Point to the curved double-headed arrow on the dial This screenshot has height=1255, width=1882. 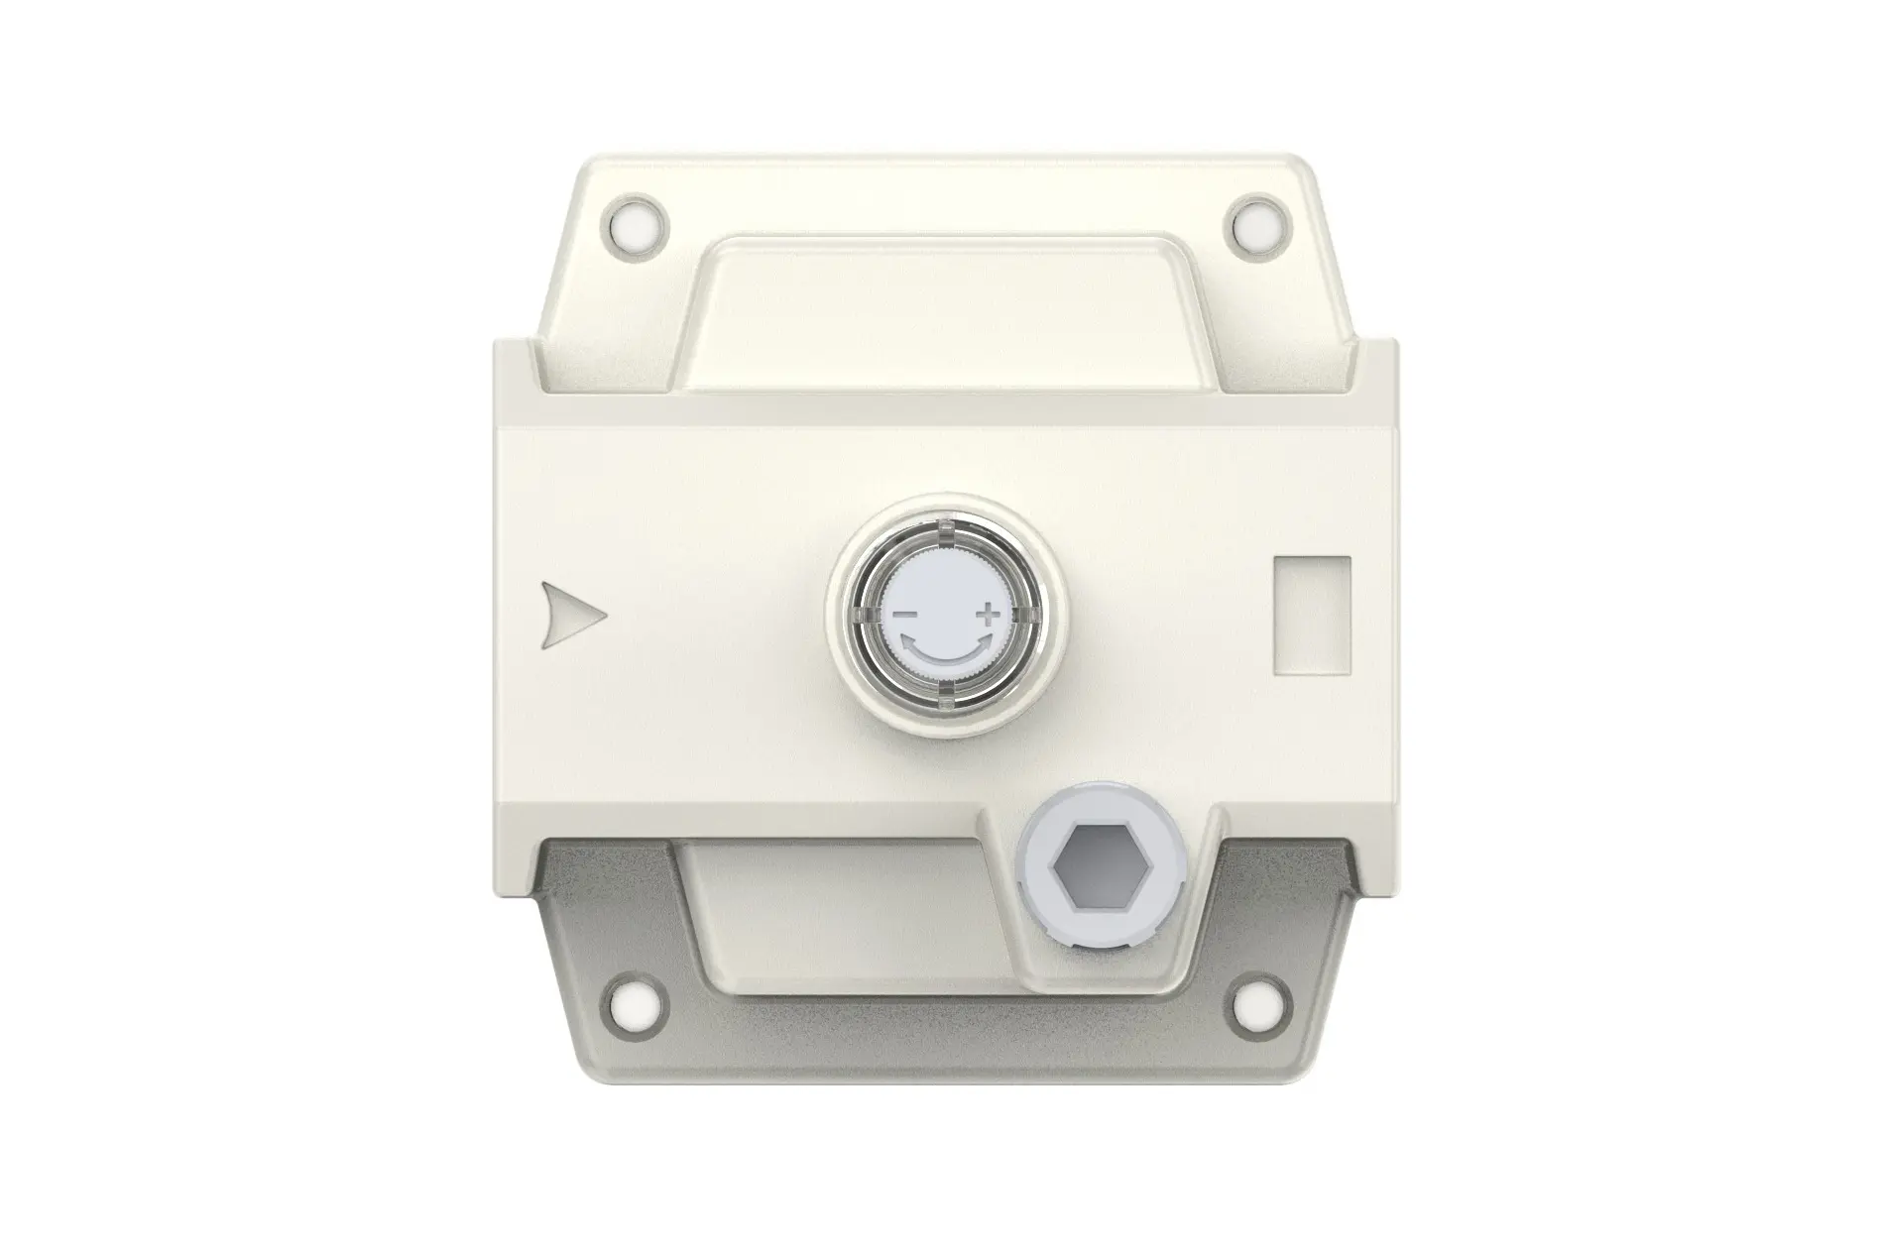click(945, 651)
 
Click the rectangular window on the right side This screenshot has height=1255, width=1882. click(1312, 616)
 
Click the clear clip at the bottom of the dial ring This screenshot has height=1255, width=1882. click(945, 697)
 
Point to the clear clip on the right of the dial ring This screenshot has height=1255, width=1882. click(1028, 615)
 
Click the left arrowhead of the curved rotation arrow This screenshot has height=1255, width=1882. click(908, 641)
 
